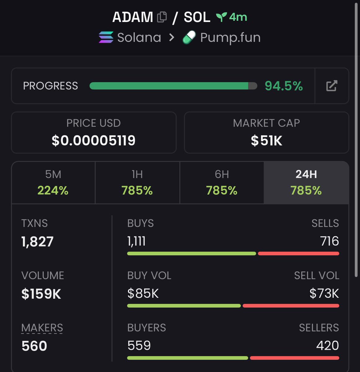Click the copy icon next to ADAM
pyautogui.click(x=162, y=17)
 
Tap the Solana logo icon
pyautogui.click(x=106, y=38)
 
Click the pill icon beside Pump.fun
pyautogui.click(x=189, y=38)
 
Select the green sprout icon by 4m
pyautogui.click(x=221, y=17)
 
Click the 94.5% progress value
pyautogui.click(x=284, y=86)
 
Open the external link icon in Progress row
pyautogui.click(x=331, y=86)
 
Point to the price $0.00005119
pyautogui.click(x=94, y=140)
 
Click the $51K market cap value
pyautogui.click(x=266, y=140)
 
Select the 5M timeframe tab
pyautogui.click(x=53, y=182)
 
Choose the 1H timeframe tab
pyautogui.click(x=137, y=182)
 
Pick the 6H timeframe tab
pyautogui.click(x=222, y=182)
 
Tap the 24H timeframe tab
pyautogui.click(x=306, y=182)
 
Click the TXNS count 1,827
pyautogui.click(x=38, y=241)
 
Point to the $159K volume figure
pyautogui.click(x=41, y=294)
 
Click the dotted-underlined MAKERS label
pyautogui.click(x=42, y=328)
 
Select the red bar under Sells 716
pyautogui.click(x=298, y=254)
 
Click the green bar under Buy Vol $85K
pyautogui.click(x=184, y=306)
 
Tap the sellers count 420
pyautogui.click(x=327, y=345)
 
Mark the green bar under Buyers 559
pyautogui.click(x=188, y=358)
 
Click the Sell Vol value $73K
pyautogui.click(x=324, y=293)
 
